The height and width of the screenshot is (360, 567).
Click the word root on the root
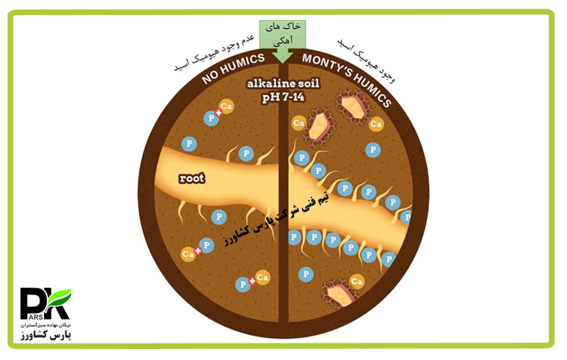click(x=192, y=178)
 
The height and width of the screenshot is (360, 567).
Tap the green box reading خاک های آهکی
click(x=283, y=33)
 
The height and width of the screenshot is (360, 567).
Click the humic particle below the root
click(x=341, y=292)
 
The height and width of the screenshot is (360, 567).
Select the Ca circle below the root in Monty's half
click(x=357, y=281)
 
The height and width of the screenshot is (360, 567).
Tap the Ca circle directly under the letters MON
click(x=299, y=123)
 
